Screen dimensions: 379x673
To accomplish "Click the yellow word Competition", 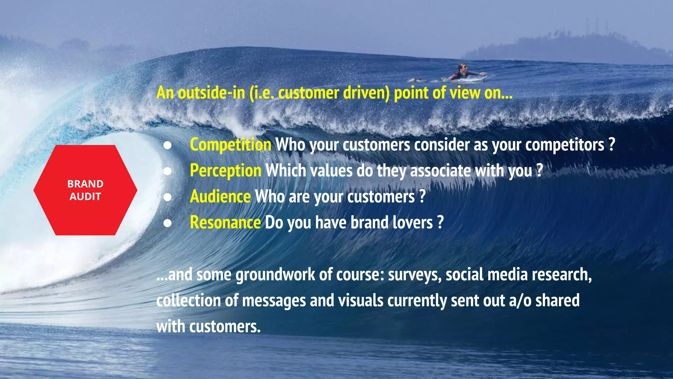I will point(230,145).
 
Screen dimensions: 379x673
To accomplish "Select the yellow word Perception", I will point(225,171).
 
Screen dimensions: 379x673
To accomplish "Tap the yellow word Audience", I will point(220,197).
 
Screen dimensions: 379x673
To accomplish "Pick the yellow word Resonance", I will point(225,223).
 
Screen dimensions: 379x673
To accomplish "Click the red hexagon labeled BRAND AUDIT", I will point(85,190).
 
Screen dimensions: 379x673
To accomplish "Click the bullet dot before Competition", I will point(168,145).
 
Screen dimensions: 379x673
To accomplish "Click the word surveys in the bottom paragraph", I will point(415,275).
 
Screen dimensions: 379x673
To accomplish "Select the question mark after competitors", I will point(612,145).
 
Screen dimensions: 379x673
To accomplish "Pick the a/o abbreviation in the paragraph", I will point(520,301).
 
